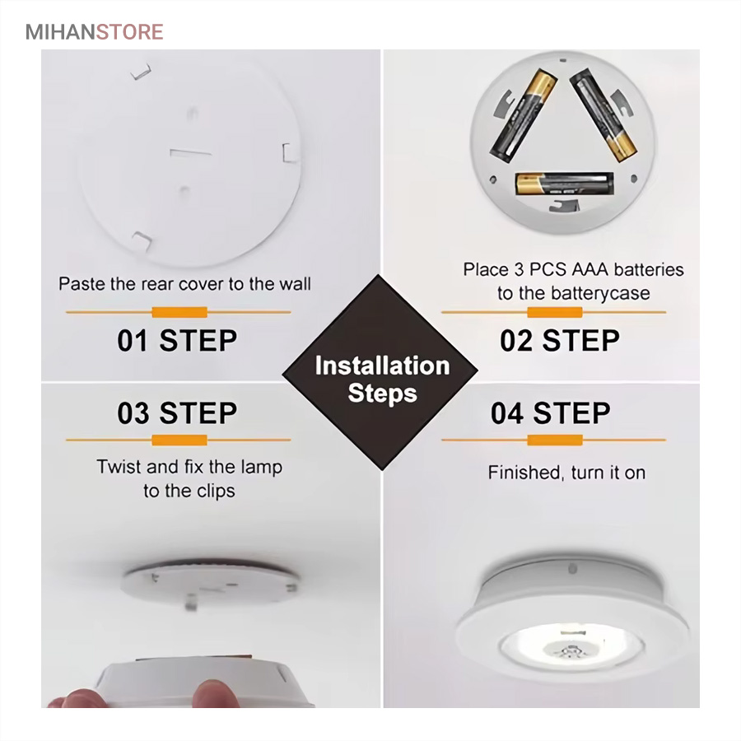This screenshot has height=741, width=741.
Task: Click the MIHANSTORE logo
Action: point(94,32)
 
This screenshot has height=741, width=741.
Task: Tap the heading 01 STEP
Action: point(177,340)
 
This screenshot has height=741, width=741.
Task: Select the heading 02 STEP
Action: point(560,340)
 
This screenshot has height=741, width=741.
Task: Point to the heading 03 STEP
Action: point(177,413)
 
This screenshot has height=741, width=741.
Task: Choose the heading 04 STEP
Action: point(551,413)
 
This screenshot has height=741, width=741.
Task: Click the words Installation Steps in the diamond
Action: point(382,380)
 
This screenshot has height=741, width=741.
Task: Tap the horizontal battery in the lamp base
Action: point(564,184)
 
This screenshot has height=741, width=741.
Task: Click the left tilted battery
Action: point(523,115)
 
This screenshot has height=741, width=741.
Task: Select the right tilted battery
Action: point(604,115)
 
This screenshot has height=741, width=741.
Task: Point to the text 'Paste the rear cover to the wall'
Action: point(184,284)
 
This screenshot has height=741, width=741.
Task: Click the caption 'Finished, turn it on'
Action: point(566,473)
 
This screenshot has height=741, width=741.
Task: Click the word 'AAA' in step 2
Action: point(590,269)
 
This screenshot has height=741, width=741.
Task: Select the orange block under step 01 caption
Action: point(179,312)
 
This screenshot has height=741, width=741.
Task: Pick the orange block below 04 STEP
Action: point(555,440)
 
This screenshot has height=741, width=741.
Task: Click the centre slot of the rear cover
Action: point(190,152)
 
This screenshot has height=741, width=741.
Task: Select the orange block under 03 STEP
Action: point(179,440)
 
